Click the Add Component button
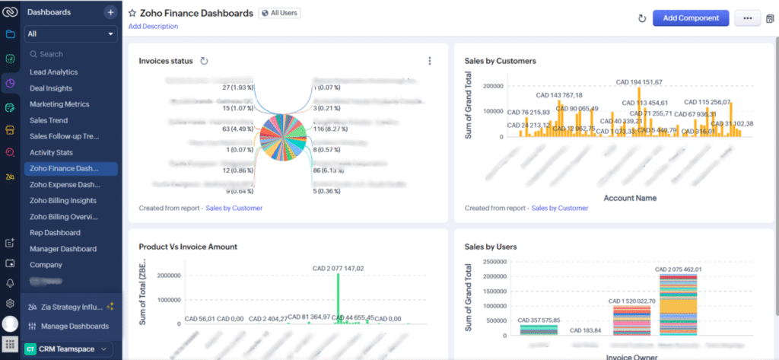(x=690, y=18)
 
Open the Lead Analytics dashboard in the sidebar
(x=53, y=72)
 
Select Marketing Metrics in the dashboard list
(x=59, y=104)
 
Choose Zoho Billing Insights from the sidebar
(x=64, y=200)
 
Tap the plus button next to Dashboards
(x=110, y=12)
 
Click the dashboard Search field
(x=70, y=55)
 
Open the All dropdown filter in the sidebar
(x=71, y=34)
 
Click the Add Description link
(x=153, y=27)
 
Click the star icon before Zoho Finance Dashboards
(x=132, y=13)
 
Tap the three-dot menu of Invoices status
(x=430, y=61)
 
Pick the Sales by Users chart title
(x=491, y=247)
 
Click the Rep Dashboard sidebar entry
(x=55, y=233)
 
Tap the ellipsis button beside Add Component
(x=747, y=18)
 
